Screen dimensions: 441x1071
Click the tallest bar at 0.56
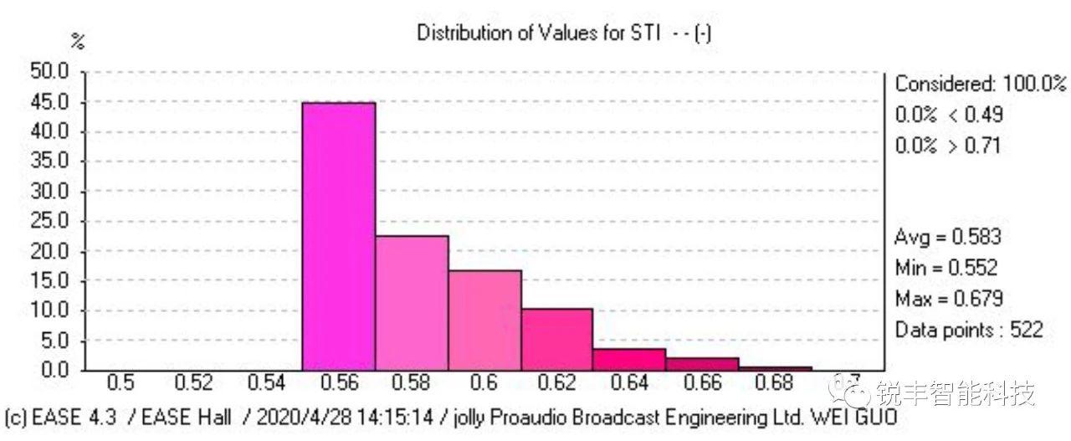pos(338,236)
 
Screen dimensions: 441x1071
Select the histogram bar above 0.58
pos(411,302)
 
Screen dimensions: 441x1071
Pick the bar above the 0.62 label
pos(557,339)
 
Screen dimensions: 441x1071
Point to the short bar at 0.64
pos(630,360)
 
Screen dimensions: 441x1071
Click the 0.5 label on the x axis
pos(121,384)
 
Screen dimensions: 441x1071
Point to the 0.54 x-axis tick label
pos(266,384)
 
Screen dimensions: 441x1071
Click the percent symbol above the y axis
pos(78,42)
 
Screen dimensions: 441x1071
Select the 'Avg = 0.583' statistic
pos(947,237)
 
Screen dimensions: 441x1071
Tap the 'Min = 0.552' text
pos(946,268)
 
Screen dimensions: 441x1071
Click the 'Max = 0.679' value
pos(949,299)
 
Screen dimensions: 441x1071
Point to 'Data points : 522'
pos(969,330)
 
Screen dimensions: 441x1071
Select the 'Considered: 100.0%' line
pos(981,84)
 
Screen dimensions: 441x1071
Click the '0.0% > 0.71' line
pos(947,146)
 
